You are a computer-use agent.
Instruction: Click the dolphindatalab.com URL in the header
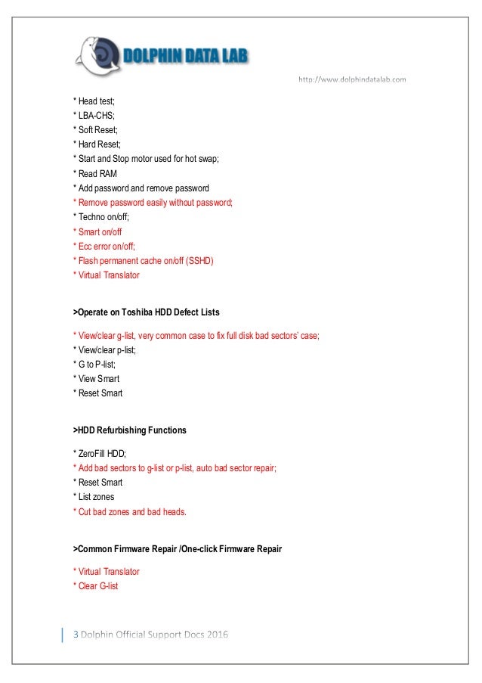click(x=353, y=79)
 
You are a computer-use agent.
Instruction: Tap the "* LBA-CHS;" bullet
click(x=93, y=116)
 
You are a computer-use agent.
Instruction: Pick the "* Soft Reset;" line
click(x=95, y=130)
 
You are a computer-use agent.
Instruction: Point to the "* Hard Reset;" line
click(x=96, y=144)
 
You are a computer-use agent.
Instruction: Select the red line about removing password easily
click(x=153, y=203)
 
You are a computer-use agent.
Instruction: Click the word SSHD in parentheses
click(x=200, y=261)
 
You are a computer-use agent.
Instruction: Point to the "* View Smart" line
click(x=96, y=378)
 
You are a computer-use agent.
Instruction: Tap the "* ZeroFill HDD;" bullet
click(x=99, y=453)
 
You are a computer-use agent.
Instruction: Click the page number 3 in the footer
click(x=75, y=633)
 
